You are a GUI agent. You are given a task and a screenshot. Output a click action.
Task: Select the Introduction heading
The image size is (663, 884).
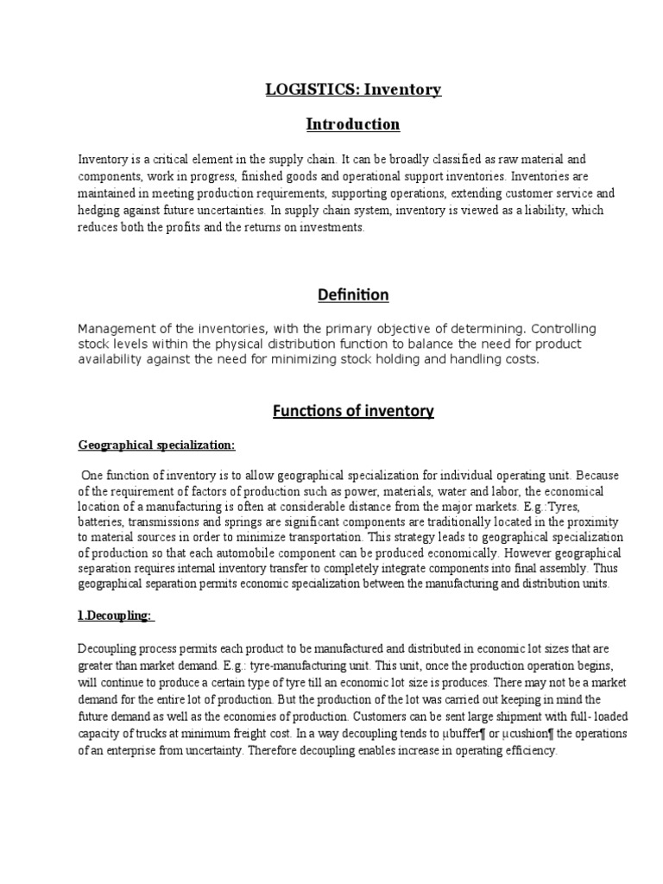point(353,124)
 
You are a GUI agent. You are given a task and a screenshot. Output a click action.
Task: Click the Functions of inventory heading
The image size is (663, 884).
point(353,411)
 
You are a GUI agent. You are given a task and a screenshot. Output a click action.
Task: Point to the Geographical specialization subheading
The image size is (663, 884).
point(156,445)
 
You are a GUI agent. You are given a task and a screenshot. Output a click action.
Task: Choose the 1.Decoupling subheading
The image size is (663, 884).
point(116,616)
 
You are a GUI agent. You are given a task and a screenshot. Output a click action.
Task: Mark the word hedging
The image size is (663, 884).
point(98,212)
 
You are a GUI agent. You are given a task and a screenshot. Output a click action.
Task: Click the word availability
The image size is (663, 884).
point(110,359)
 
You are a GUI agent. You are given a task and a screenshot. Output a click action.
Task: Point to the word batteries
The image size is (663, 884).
point(100,522)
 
